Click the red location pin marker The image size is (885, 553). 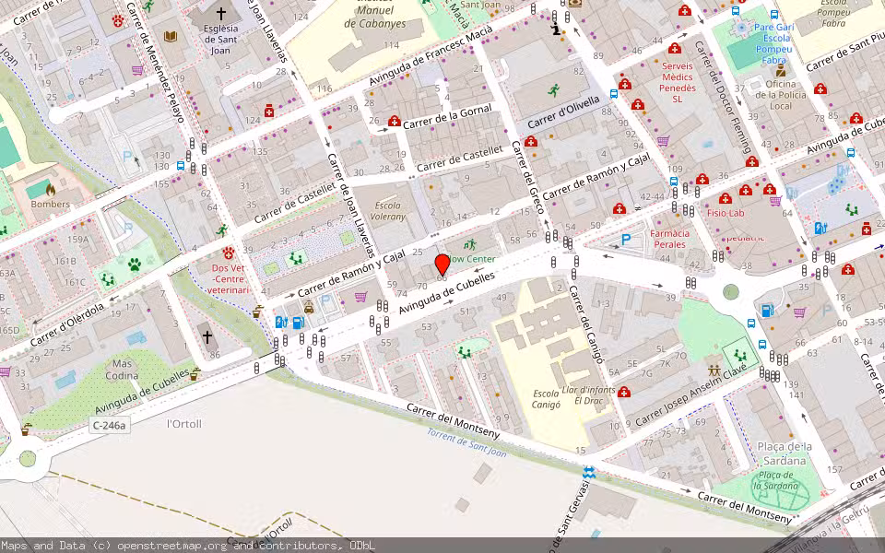(442, 265)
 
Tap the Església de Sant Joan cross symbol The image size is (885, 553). (220, 14)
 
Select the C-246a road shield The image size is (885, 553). (109, 425)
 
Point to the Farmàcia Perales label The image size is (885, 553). (669, 239)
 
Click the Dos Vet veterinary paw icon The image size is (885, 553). (228, 252)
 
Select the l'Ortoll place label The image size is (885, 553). (184, 424)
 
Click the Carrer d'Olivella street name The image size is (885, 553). (563, 112)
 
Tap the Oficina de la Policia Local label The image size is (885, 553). (780, 95)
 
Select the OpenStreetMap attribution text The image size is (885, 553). (188, 546)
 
